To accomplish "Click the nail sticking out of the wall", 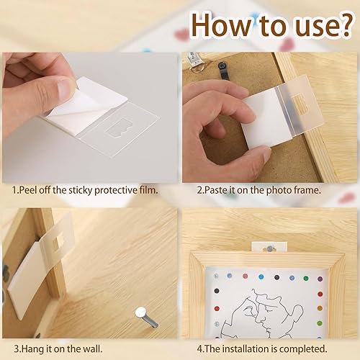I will coord(144,315).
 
